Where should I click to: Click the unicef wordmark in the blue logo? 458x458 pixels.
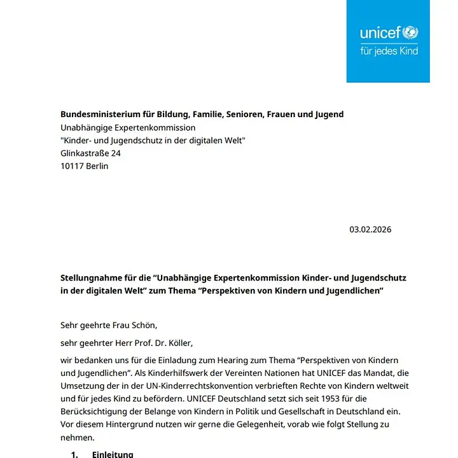coord(380,33)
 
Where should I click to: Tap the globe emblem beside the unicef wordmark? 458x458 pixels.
coord(411,32)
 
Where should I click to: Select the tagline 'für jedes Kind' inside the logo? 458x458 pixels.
coord(389,50)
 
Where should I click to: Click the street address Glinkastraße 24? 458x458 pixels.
coord(90,153)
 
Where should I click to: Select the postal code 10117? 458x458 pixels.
coord(73,166)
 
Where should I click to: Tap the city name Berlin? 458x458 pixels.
coord(98,166)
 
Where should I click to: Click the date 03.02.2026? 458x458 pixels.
coord(370,230)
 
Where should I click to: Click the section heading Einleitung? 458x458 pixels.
coord(113,454)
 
